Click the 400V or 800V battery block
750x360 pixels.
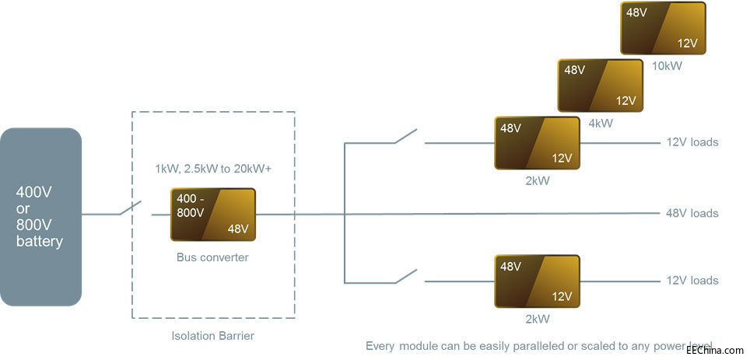41,216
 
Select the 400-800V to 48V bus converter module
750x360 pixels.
213,215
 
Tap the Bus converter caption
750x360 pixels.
212,257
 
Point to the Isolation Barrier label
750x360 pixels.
212,336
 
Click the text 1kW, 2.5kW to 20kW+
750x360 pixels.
213,169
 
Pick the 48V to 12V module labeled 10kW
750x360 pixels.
664,28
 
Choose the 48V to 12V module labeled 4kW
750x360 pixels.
601,86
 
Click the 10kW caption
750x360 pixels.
667,66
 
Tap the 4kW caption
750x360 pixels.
601,123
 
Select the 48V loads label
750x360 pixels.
692,213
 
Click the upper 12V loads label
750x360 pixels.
692,142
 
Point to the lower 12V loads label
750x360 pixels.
692,281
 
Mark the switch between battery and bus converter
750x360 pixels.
130,209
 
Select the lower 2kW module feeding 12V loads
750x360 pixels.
538,281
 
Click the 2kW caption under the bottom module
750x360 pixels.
538,318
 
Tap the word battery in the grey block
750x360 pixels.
40,242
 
